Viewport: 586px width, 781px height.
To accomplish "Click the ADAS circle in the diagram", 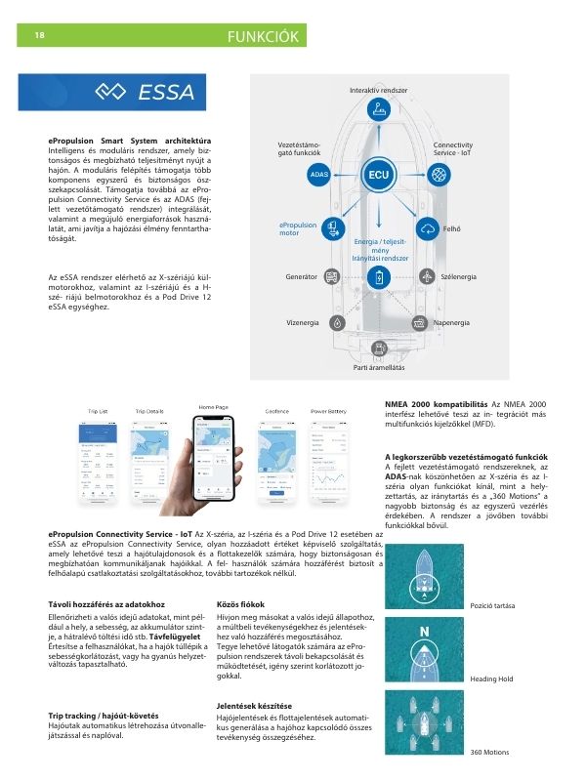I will [x=318, y=175].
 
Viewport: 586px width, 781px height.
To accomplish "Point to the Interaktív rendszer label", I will [x=378, y=90].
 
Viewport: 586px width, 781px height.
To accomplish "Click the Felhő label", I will [x=452, y=229].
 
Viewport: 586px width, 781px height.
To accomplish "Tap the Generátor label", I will [x=302, y=278].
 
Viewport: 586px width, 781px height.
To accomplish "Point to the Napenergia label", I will [x=452, y=322].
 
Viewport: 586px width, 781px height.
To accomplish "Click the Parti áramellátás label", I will [x=379, y=367].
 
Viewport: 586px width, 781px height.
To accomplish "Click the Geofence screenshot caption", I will [x=276, y=412].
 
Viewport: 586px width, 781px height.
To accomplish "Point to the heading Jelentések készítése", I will [x=253, y=705].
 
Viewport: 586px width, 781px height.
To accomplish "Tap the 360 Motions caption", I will [x=489, y=752].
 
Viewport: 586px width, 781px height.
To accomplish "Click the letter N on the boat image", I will [x=425, y=632].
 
